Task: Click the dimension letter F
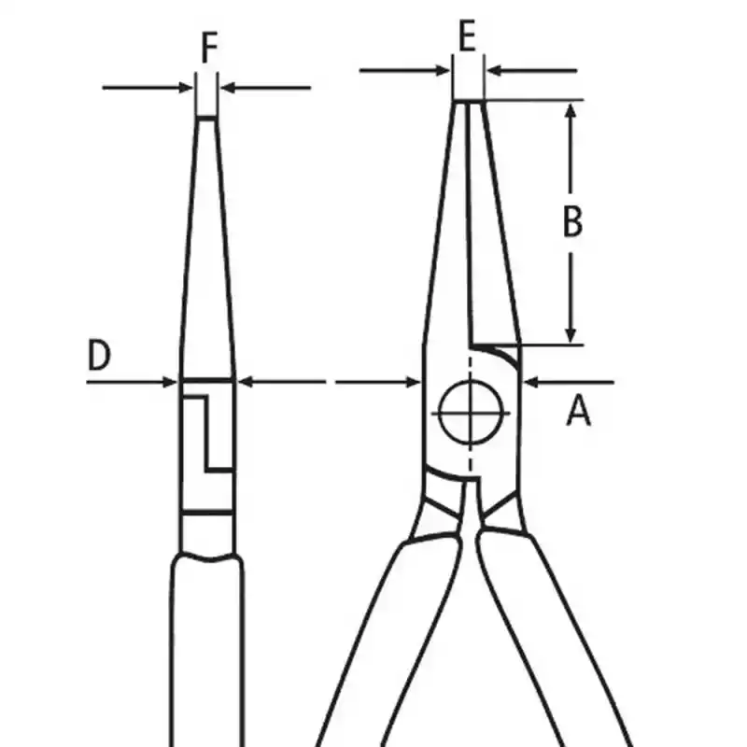point(209,48)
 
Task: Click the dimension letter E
point(468,35)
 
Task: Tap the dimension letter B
point(572,221)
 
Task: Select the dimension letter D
point(99,355)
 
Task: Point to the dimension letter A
point(578,411)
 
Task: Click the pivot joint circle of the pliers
point(471,413)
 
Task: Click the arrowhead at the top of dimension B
point(571,110)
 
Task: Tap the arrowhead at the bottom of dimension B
point(571,335)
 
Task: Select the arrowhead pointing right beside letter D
point(170,382)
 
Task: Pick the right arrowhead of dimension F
point(228,88)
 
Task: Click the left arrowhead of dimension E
point(443,71)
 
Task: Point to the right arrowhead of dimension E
point(495,71)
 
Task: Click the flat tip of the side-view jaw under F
point(206,118)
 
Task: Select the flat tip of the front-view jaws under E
point(469,102)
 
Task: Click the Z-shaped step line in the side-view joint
point(206,433)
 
